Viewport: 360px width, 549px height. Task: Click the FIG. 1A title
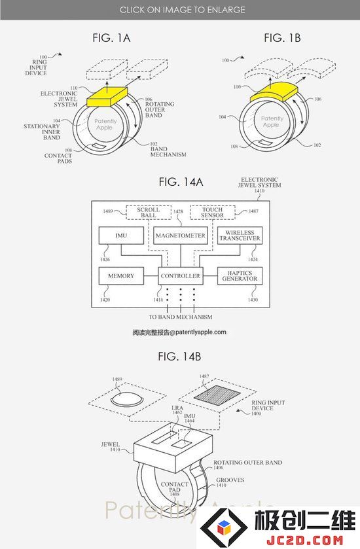111,38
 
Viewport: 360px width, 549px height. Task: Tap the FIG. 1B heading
282,38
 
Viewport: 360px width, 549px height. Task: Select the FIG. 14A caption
181,182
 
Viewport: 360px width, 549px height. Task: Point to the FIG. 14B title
179,357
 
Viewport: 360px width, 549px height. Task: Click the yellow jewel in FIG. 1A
107,96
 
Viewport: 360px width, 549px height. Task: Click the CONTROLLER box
181,276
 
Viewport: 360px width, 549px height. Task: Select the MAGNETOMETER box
181,236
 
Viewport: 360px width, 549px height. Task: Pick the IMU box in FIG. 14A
121,236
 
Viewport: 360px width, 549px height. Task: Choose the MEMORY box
121,276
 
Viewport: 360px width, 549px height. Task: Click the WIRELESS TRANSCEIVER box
240,236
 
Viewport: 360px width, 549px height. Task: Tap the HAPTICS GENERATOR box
240,276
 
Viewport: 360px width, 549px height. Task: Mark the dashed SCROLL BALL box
149,213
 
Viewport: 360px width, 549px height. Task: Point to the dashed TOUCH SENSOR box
212,213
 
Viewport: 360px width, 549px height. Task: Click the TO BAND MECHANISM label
181,317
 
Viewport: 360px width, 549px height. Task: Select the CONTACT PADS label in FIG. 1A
58,158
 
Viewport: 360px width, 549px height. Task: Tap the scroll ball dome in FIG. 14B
126,398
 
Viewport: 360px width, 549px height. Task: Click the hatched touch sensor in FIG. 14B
217,393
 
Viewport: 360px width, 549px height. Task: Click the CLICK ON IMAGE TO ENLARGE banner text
182,10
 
